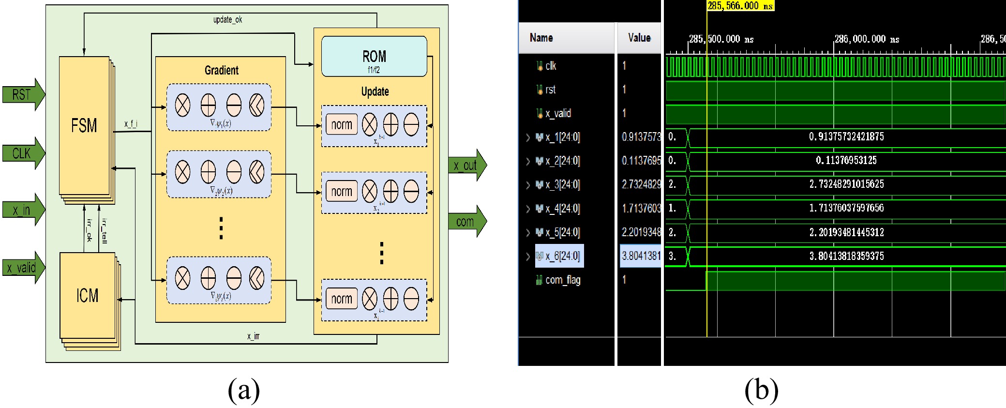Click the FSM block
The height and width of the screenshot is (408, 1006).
(84, 126)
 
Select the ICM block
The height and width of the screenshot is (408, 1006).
(87, 295)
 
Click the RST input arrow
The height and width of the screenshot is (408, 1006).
(23, 94)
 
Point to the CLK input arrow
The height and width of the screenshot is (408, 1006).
(23, 153)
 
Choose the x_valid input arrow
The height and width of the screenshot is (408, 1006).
(23, 267)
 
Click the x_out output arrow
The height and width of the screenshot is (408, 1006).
(466, 166)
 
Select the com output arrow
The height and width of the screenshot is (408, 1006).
(466, 222)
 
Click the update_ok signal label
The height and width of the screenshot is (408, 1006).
(227, 20)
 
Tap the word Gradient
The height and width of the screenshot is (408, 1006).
(221, 70)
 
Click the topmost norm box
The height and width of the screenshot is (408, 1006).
(341, 125)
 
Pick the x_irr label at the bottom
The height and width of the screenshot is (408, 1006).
(253, 336)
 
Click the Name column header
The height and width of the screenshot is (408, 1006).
(541, 38)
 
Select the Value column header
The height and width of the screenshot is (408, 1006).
(639, 38)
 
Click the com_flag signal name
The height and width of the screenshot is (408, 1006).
(563, 280)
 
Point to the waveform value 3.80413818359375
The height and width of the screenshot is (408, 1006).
(846, 256)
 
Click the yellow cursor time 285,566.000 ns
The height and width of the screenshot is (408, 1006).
(740, 6)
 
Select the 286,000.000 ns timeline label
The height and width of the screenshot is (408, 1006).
(866, 39)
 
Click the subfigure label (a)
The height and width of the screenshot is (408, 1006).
(243, 390)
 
